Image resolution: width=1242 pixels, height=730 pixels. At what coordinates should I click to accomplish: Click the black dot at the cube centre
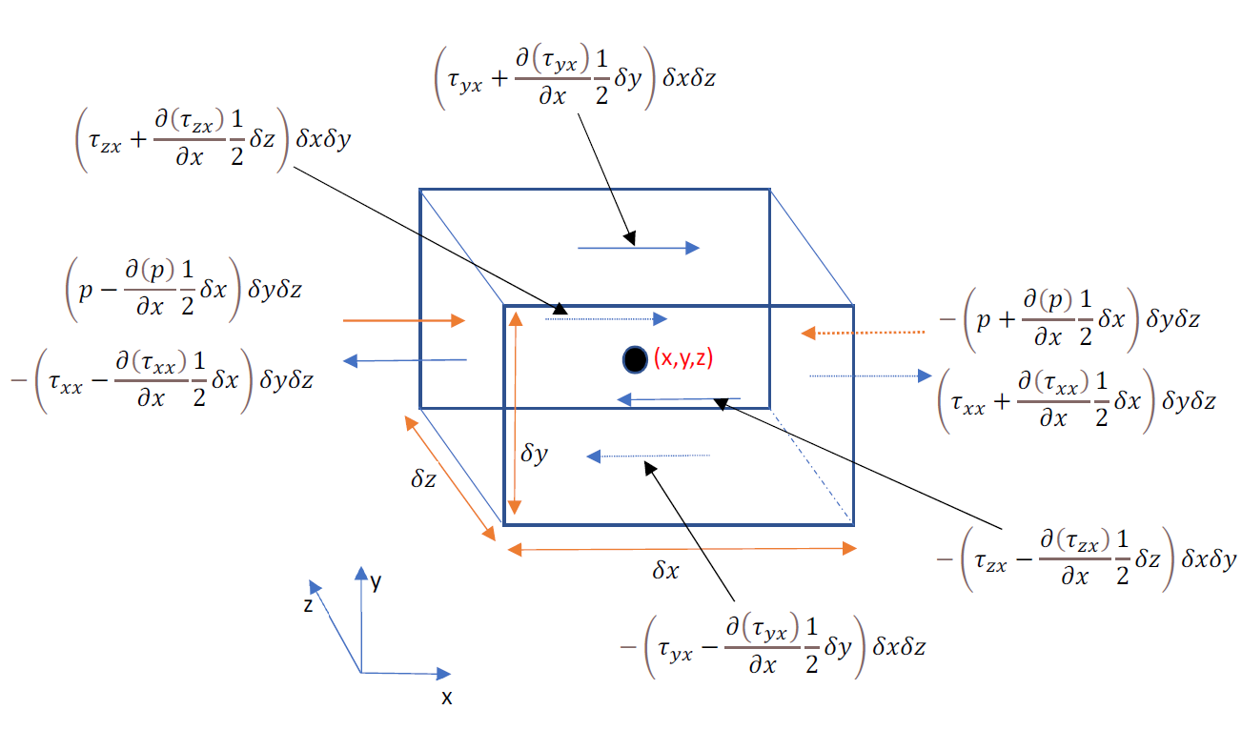[x=633, y=359]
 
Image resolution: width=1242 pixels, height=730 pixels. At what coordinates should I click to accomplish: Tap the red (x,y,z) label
[x=683, y=358]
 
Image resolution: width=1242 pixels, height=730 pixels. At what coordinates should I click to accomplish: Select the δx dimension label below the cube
[x=664, y=572]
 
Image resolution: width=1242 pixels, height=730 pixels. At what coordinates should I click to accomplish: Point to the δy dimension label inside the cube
[x=534, y=454]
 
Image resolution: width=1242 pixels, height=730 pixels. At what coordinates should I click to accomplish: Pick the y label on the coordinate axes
[x=377, y=583]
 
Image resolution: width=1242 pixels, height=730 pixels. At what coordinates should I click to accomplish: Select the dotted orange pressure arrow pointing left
[x=863, y=333]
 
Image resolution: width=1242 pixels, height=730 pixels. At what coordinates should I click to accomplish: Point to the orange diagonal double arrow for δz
[x=451, y=476]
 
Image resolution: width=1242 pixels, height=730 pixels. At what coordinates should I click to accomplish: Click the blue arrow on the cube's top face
[x=639, y=248]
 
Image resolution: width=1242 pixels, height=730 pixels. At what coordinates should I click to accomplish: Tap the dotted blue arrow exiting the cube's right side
[x=869, y=376]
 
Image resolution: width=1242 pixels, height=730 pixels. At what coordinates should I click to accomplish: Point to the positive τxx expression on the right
[x=1076, y=402]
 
